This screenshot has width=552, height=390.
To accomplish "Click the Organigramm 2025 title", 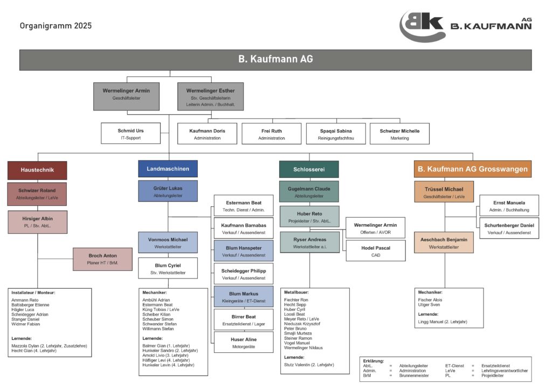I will (56, 25).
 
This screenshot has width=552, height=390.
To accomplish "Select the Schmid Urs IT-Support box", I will (131, 134).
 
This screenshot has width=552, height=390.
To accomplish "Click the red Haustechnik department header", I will (37, 170).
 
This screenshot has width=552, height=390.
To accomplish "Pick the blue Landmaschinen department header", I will (168, 169).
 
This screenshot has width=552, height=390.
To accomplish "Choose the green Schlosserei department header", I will (309, 169).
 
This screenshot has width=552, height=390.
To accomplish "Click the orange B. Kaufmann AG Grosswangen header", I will (472, 169).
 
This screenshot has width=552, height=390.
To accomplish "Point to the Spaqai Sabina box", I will (336, 134).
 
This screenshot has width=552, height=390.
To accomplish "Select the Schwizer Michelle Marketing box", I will (399, 134).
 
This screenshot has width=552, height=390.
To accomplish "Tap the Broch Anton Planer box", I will (102, 259).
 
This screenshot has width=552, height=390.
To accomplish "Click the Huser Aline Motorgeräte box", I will (244, 343).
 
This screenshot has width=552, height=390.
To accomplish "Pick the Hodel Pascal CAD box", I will (376, 251).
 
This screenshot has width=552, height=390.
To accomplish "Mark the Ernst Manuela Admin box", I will (509, 205).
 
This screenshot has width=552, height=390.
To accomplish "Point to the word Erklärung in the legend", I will (373, 361).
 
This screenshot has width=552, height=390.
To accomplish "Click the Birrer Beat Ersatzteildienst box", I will (244, 320).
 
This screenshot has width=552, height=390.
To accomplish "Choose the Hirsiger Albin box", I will (37, 222).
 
